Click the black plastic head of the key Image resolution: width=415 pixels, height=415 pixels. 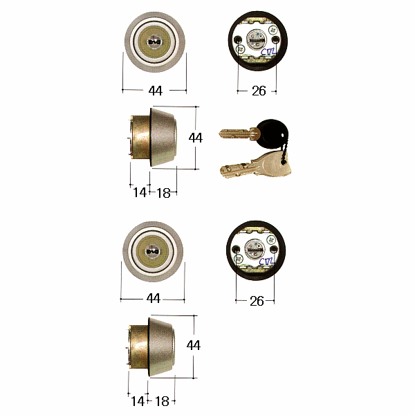tap(273, 134)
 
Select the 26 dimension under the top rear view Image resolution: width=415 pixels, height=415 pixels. tap(259, 91)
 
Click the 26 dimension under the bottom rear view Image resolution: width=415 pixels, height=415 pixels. tap(257, 301)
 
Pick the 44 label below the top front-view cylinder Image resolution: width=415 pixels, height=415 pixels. tap(156, 91)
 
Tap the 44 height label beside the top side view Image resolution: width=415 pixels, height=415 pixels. tap(196, 138)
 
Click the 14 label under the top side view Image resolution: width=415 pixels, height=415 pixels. tap(140, 192)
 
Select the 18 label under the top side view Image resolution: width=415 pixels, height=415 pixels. tap(163, 193)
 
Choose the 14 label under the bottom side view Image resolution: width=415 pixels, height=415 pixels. tap(138, 401)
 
